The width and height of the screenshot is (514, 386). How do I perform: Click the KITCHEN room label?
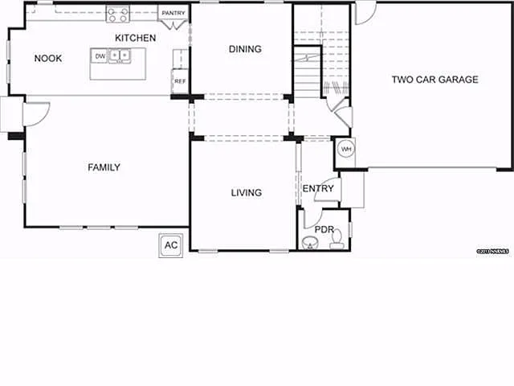pos(135,38)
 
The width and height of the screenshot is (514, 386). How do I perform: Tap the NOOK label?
pos(48,58)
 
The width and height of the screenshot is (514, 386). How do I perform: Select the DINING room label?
pos(245,49)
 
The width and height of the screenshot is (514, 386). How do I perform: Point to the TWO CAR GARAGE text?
pos(434,79)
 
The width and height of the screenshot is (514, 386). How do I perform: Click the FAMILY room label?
pos(104,167)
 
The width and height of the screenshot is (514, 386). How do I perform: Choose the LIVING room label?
pos(246,192)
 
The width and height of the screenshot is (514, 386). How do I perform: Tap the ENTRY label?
pos(318,188)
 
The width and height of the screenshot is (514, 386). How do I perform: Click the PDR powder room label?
pos(324,229)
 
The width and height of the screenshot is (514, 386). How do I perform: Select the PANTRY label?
pos(173,14)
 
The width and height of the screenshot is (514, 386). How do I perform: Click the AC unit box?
pos(171,245)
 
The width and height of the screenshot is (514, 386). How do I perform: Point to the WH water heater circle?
pos(346,149)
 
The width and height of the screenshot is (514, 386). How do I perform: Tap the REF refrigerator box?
pos(180,81)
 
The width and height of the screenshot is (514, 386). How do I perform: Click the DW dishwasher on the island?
pos(100,56)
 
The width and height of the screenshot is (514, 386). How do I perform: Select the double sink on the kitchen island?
pos(119,55)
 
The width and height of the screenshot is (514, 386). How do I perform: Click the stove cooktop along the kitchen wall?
pos(117,13)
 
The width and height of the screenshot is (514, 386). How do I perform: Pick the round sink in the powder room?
pos(309,242)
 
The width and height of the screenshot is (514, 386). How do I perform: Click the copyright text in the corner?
pos(493,252)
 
